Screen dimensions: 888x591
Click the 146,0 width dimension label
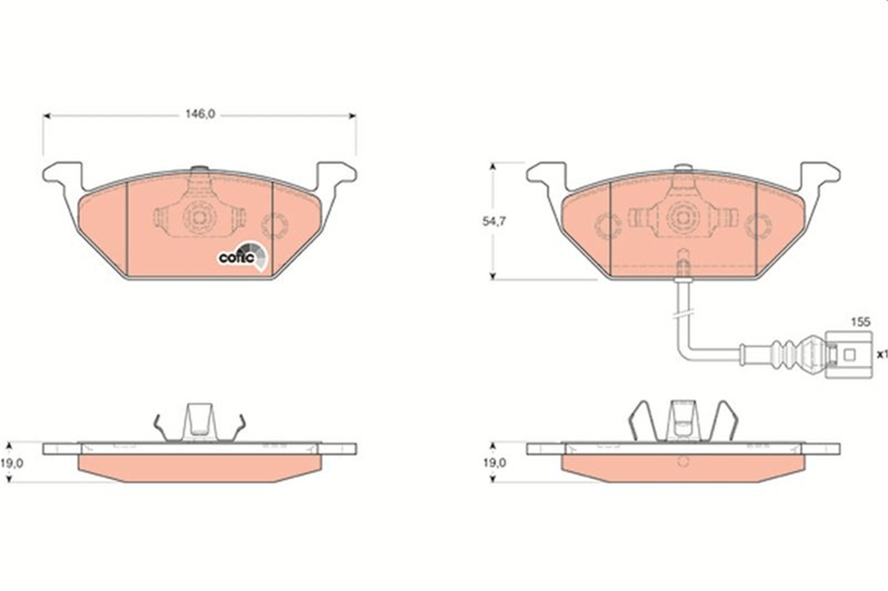pos(200,114)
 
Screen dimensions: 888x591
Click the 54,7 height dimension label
pos(494,221)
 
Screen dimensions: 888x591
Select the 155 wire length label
pos(860,322)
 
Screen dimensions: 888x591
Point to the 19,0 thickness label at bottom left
pos(12,463)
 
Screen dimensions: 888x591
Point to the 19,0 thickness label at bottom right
pos(495,463)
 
